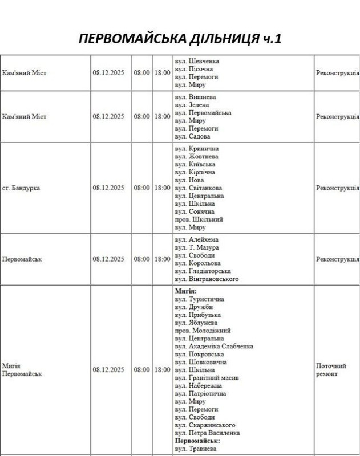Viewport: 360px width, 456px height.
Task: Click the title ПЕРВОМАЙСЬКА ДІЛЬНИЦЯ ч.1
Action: tap(180, 39)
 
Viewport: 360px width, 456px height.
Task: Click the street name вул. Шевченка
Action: tap(197, 61)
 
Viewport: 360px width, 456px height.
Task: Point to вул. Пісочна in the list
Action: tap(194, 69)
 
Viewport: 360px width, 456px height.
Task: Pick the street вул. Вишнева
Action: tap(195, 97)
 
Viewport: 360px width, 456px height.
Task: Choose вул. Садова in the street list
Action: tap(192, 136)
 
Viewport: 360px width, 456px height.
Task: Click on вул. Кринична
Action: tap(196, 148)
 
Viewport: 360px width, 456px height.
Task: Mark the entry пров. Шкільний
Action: tap(199, 219)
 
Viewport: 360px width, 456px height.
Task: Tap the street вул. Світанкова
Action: tap(199, 188)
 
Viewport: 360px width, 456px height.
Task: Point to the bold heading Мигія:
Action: tap(185, 291)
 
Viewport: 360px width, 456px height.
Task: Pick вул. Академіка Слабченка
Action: tap(214, 346)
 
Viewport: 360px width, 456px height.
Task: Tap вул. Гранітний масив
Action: tap(207, 378)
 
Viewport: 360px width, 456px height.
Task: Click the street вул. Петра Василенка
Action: tap(207, 433)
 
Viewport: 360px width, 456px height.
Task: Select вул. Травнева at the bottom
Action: tap(196, 449)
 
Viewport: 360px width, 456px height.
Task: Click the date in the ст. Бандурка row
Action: tap(108, 188)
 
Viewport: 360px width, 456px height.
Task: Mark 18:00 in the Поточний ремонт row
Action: tap(162, 369)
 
